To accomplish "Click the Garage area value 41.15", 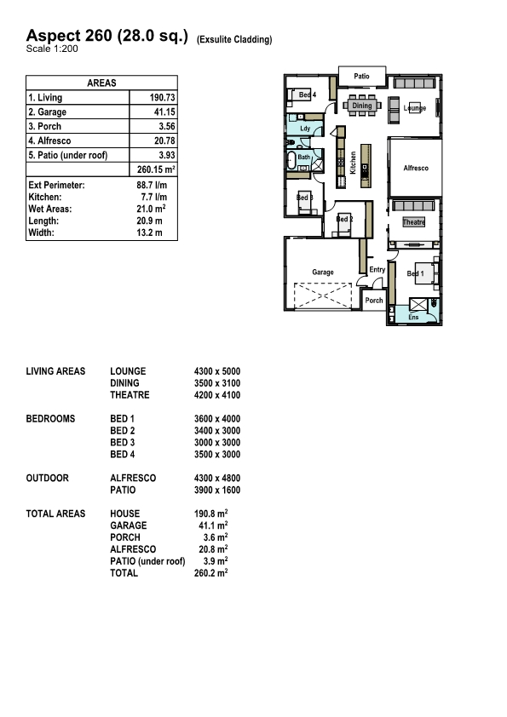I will point(163,112).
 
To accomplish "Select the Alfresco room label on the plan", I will point(416,169).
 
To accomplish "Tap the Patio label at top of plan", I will point(362,77).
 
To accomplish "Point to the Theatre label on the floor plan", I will point(414,222).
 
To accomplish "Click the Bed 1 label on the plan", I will point(415,273).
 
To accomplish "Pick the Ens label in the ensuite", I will point(413,317).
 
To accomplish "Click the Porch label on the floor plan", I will point(373,301).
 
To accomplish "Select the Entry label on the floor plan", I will point(377,270).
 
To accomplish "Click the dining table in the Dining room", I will point(362,106).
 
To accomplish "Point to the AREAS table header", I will point(101,83).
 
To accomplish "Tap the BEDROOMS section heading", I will point(51,419).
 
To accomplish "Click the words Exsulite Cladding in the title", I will point(234,39).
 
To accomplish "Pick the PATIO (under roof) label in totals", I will point(147,562).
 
